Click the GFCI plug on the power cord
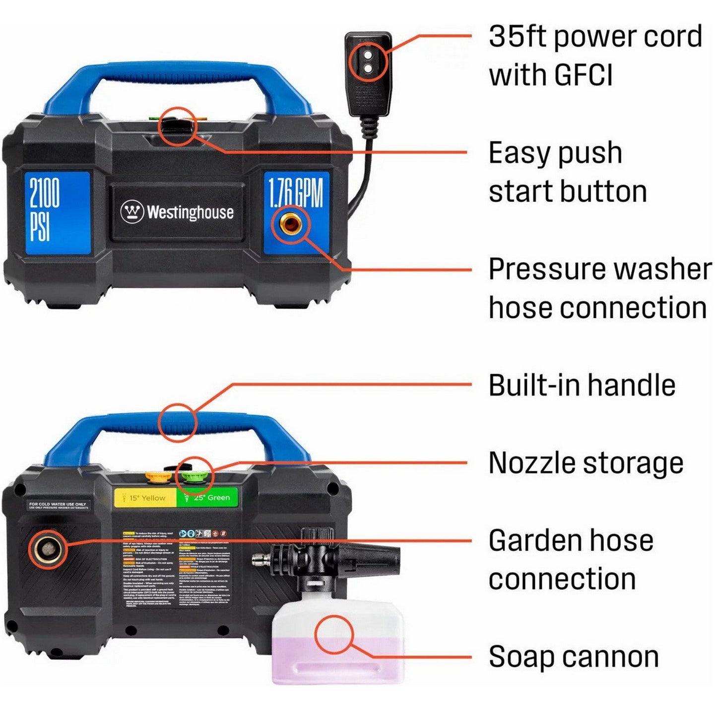368,74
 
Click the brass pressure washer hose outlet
290,225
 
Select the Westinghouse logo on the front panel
177,212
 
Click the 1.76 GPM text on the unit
296,193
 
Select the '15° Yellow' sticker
145,498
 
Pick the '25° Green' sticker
207,498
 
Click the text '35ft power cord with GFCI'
594,56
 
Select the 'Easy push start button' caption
567,172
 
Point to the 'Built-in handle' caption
582,385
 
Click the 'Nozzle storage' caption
586,463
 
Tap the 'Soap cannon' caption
574,656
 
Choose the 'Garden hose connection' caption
571,560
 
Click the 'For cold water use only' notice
58,505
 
